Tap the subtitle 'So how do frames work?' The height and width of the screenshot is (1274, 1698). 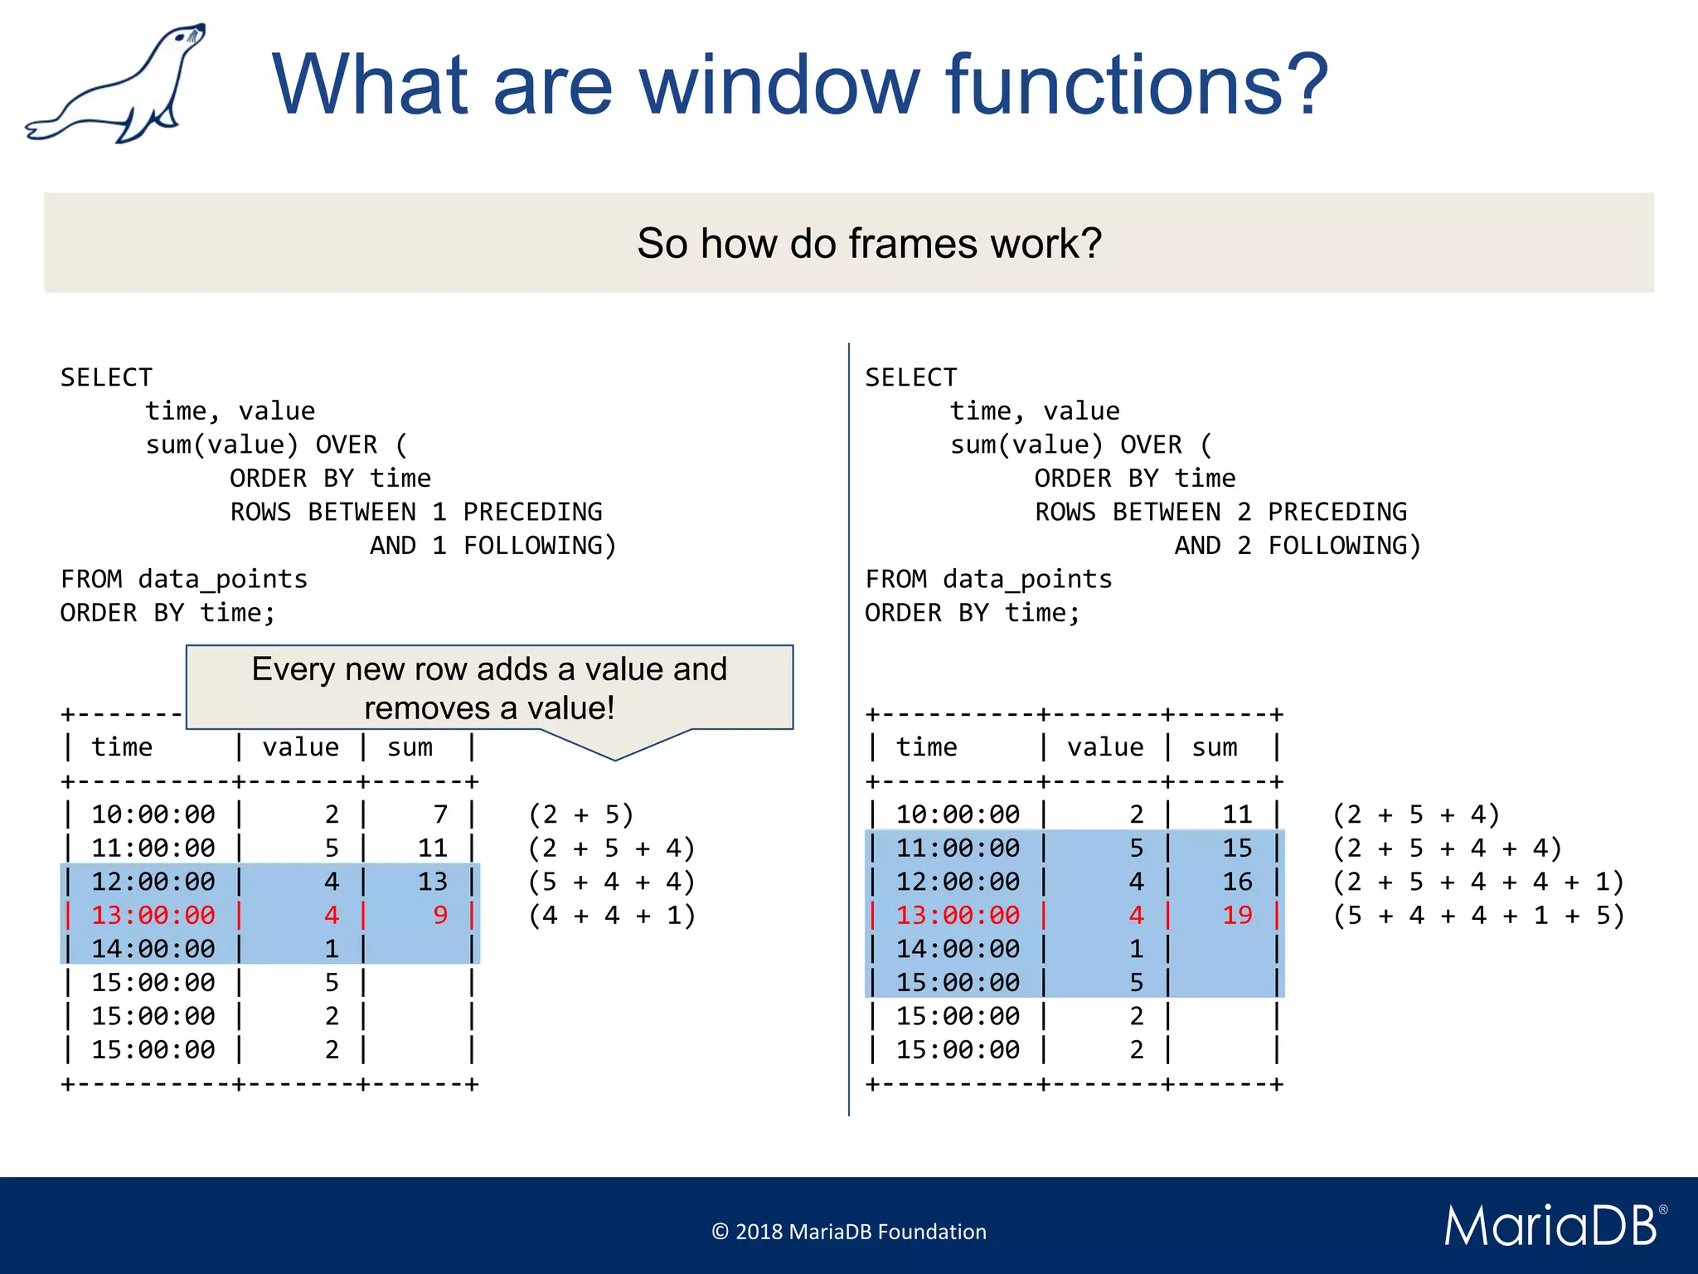(869, 244)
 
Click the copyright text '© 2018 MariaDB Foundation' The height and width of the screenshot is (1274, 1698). (849, 1232)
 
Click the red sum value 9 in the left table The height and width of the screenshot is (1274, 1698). (440, 916)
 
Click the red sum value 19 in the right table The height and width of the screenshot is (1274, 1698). (1237, 916)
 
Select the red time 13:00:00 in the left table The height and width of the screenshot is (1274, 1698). (153, 916)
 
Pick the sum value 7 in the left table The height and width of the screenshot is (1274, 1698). (440, 814)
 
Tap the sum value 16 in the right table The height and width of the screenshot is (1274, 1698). (1237, 882)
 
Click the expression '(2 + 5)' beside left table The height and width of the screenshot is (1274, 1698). (581, 814)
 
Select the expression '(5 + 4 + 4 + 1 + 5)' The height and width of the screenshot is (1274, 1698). (1478, 916)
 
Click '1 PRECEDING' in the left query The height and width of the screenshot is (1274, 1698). (517, 512)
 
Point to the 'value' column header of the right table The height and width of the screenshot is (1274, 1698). (1105, 747)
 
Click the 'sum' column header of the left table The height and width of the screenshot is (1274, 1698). (410, 747)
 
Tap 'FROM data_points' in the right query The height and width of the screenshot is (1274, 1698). (988, 579)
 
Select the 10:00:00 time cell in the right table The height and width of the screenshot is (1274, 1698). (958, 814)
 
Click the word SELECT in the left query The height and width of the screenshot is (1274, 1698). (106, 377)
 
